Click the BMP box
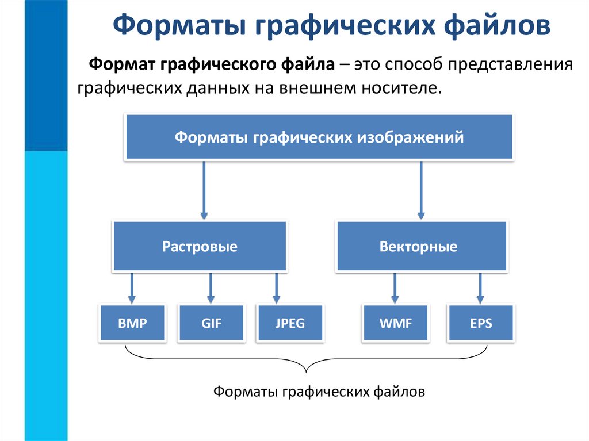(x=132, y=323)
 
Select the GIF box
(x=212, y=323)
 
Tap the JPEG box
(x=290, y=323)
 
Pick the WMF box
(x=396, y=323)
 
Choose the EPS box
(x=480, y=323)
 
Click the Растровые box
(x=200, y=247)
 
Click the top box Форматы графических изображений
(x=319, y=137)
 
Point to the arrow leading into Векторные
(x=422, y=190)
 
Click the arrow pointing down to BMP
(x=132, y=287)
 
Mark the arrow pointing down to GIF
(x=211, y=287)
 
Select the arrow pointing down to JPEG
(x=277, y=287)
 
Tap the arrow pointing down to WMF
(x=395, y=287)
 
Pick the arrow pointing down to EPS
(x=480, y=287)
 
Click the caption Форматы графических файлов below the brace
(x=319, y=392)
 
